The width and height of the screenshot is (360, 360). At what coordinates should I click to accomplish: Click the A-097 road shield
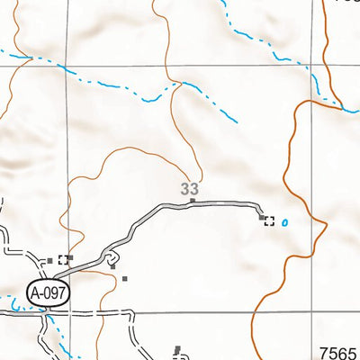[x=48, y=292]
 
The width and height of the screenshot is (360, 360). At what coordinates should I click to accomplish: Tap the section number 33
[x=189, y=189]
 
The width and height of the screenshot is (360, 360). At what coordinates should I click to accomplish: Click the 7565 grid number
[x=338, y=353]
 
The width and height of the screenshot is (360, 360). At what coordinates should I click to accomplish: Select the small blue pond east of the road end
[x=285, y=222]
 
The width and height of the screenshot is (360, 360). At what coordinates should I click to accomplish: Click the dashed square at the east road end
[x=268, y=221]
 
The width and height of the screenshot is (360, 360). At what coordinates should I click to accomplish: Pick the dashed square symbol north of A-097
[x=62, y=260]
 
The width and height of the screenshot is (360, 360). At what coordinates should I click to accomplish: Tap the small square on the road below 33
[x=191, y=202]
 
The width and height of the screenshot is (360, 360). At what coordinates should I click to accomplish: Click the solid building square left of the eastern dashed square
[x=261, y=217]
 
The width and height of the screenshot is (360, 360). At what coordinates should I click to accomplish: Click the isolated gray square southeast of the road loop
[x=126, y=278]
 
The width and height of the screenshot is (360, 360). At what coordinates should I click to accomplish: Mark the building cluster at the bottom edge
[x=176, y=350]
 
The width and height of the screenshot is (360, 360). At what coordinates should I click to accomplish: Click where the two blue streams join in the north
[x=183, y=84]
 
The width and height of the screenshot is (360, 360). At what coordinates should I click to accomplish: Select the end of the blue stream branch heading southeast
[x=238, y=121]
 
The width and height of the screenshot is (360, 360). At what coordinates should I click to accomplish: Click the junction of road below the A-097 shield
[x=47, y=312]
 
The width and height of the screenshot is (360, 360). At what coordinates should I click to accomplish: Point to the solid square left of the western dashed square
[x=49, y=260]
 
